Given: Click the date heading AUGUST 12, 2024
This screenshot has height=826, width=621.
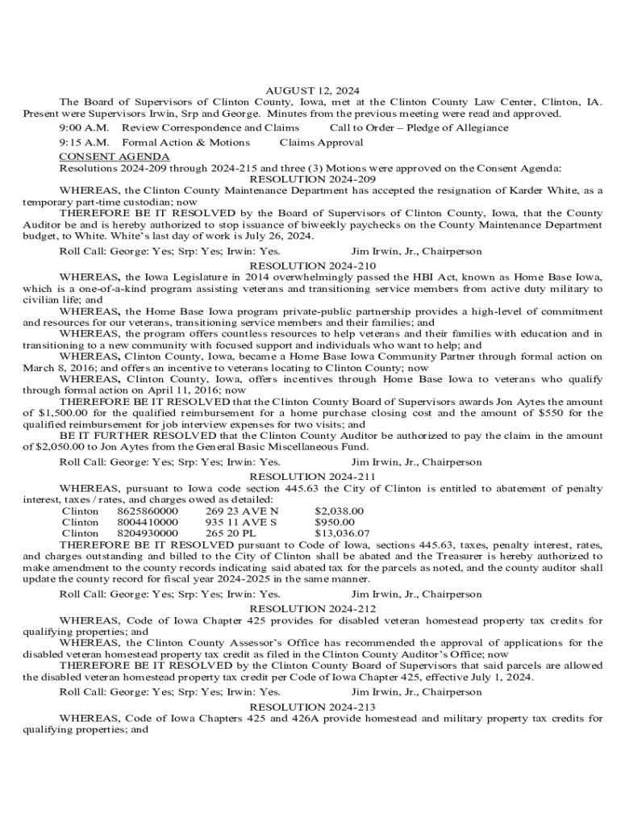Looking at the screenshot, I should click(312, 90).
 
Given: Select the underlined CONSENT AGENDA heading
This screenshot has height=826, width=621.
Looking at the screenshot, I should click(115, 156).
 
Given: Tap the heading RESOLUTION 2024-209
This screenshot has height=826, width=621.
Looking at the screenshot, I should click(313, 179).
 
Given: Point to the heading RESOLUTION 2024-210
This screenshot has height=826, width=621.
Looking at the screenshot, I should click(313, 265).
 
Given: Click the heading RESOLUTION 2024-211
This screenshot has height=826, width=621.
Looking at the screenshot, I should click(313, 476).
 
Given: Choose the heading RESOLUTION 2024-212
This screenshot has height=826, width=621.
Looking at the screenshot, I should click(313, 608).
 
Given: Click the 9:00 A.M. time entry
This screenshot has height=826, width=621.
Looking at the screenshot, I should click(84, 127).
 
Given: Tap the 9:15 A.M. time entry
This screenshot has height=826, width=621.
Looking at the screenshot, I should click(84, 143).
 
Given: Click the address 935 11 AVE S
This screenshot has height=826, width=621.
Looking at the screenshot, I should click(241, 522).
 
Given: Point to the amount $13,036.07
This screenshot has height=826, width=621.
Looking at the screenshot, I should click(342, 533).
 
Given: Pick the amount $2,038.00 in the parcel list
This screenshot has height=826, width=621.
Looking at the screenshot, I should click(339, 511).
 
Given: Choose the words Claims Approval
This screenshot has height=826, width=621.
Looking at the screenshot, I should click(321, 143).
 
